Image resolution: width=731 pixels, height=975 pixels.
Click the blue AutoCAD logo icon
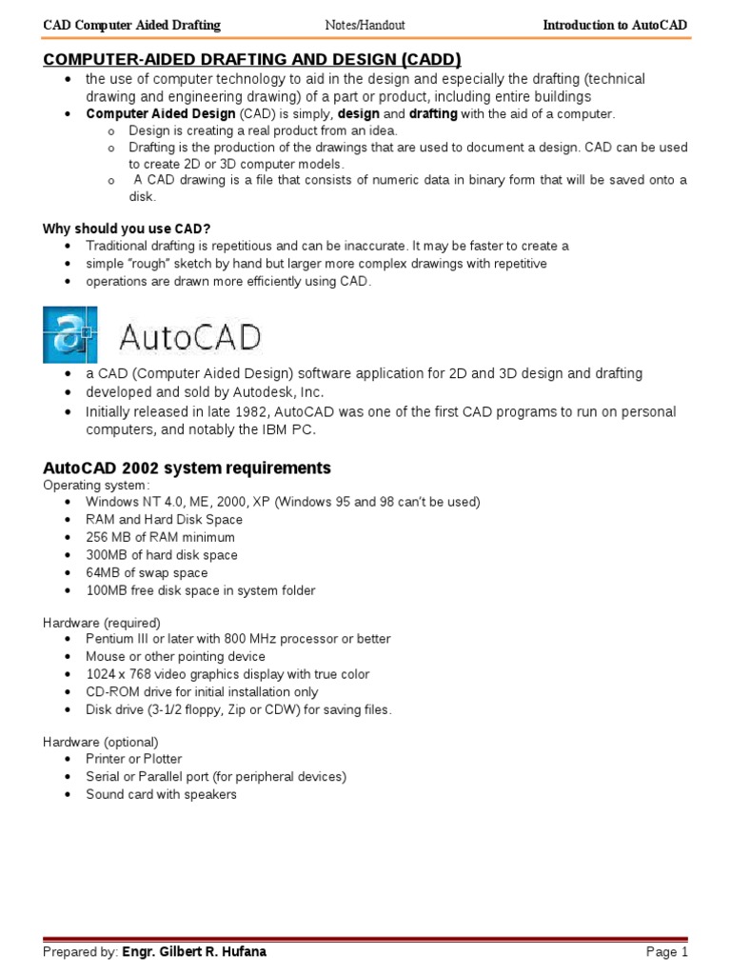pos(69,334)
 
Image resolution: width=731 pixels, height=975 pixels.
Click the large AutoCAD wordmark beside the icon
pos(188,337)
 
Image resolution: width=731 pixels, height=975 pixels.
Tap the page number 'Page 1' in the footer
pos(666,952)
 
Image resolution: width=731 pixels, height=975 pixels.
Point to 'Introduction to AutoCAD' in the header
pos(614,25)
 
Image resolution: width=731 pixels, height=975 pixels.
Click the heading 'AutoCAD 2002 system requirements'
pos(187,468)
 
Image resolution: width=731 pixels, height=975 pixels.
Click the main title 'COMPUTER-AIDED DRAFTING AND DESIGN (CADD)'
pos(252,59)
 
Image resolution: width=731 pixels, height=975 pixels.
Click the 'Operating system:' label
pos(96,485)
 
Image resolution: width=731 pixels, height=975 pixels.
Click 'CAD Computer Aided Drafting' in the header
pos(132,25)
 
